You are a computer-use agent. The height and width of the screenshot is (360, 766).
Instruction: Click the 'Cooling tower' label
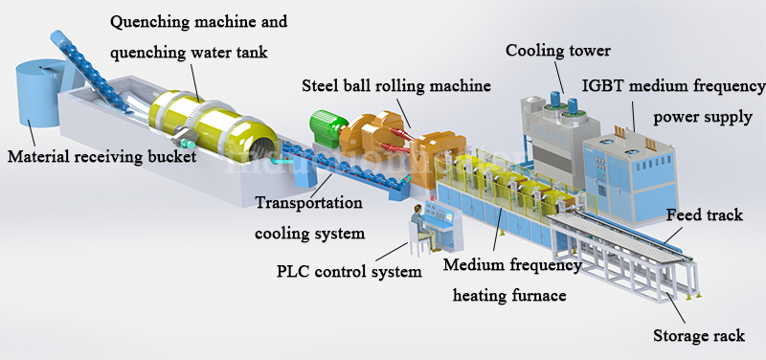tap(557, 50)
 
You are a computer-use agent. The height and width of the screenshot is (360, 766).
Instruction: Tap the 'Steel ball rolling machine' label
tap(396, 85)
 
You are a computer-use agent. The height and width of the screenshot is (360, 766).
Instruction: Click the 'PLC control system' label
tap(343, 272)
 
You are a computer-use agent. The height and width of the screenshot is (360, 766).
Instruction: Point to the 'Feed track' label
tap(704, 215)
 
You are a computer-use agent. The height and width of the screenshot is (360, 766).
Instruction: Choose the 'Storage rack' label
tap(698, 336)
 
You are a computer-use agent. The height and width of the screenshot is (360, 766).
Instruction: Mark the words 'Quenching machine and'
tap(198, 20)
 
